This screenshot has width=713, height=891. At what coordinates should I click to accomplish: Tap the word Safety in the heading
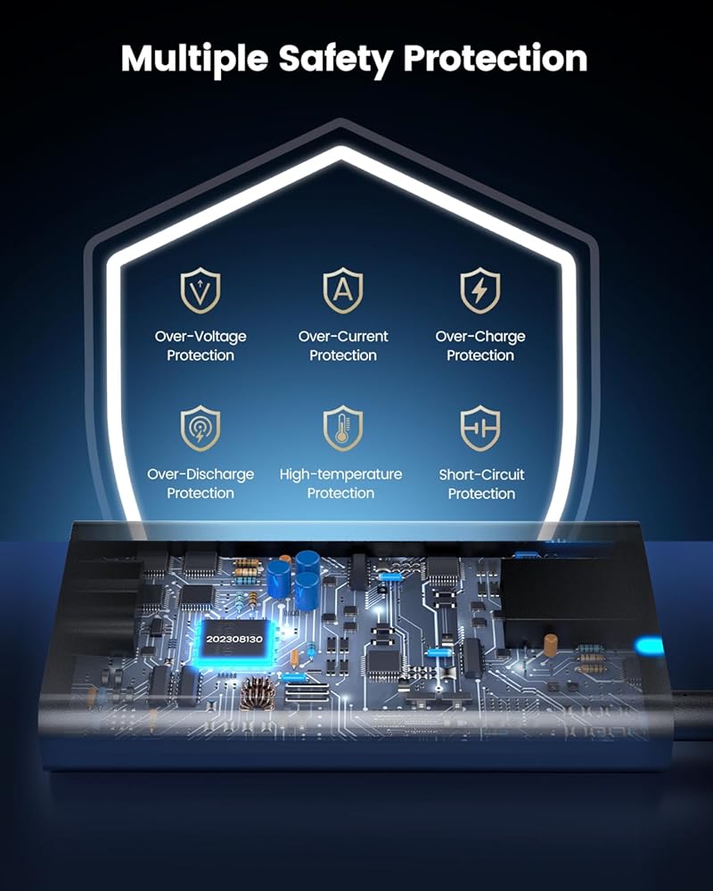click(x=335, y=58)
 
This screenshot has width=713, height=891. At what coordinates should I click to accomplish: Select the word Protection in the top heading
click(x=495, y=58)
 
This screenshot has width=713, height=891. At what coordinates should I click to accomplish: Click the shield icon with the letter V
click(x=201, y=290)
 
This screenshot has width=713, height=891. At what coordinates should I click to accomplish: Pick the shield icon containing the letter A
click(x=343, y=290)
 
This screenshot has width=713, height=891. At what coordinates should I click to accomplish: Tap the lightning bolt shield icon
click(x=480, y=290)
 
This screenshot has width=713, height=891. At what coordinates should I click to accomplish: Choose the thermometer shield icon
click(x=343, y=429)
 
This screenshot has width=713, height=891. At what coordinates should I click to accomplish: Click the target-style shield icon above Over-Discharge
click(x=201, y=429)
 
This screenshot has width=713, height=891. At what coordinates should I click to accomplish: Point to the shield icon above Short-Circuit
click(x=480, y=429)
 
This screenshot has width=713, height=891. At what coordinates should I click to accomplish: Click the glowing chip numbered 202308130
click(x=234, y=639)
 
